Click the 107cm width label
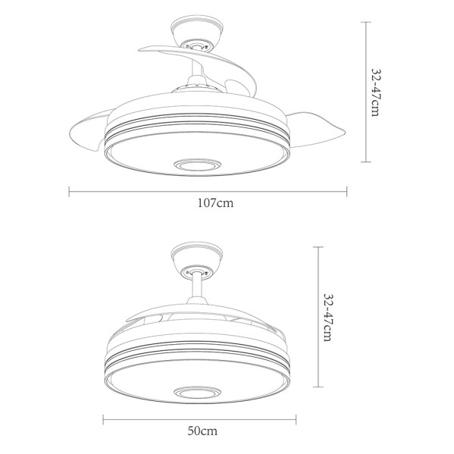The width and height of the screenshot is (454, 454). pyautogui.click(x=215, y=203)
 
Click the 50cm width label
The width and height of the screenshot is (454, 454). pyautogui.click(x=202, y=431)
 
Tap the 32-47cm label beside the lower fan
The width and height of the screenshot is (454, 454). pyautogui.click(x=328, y=318)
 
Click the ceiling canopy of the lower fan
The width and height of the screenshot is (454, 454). pyautogui.click(x=197, y=258)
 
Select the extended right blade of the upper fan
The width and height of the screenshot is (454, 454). pyautogui.click(x=315, y=129)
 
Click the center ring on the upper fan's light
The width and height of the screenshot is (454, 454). pyautogui.click(x=196, y=165)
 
